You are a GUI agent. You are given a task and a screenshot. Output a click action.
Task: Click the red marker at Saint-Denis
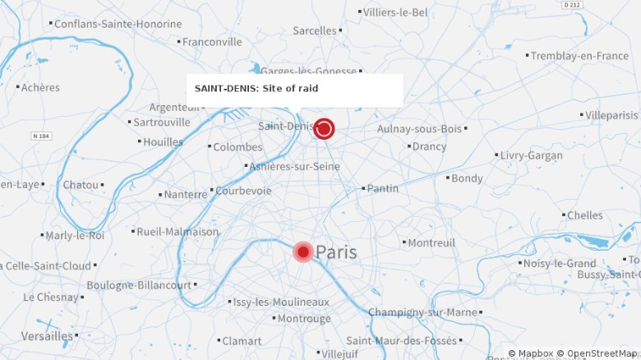pos(324,128)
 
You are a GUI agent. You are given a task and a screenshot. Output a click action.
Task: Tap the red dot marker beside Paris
pos(303,252)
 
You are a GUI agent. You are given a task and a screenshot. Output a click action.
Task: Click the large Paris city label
pos(336,252)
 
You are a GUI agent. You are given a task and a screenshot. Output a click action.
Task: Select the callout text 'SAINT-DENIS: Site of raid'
pos(256,88)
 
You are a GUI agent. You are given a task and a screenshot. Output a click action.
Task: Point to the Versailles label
pos(47,335)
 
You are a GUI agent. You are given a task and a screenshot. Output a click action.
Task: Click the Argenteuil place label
pos(175,108)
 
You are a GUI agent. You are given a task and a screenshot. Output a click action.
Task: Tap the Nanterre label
pos(186,195)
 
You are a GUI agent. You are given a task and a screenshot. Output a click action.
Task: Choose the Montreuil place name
pos(431,242)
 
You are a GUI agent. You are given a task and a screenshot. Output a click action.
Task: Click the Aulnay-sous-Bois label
pos(419,129)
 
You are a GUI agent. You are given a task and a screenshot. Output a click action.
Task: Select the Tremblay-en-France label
pos(579,56)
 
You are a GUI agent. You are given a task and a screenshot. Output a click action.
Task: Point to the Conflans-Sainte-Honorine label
pos(118,24)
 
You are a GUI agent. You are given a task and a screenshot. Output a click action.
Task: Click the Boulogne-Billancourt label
pos(139,285)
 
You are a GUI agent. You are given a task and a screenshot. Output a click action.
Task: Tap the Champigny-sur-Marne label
pos(422,312)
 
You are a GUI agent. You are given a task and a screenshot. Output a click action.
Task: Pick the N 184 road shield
pos(41,136)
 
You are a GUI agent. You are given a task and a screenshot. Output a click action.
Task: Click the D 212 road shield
pos(572,5)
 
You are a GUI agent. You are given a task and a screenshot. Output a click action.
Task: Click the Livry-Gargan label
pos(532,155)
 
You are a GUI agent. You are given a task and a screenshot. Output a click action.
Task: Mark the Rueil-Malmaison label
pos(178,232)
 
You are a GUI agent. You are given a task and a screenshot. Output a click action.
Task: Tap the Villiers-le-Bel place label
pos(395,12)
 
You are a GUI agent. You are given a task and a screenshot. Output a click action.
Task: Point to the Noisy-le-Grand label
pos(560,263)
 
